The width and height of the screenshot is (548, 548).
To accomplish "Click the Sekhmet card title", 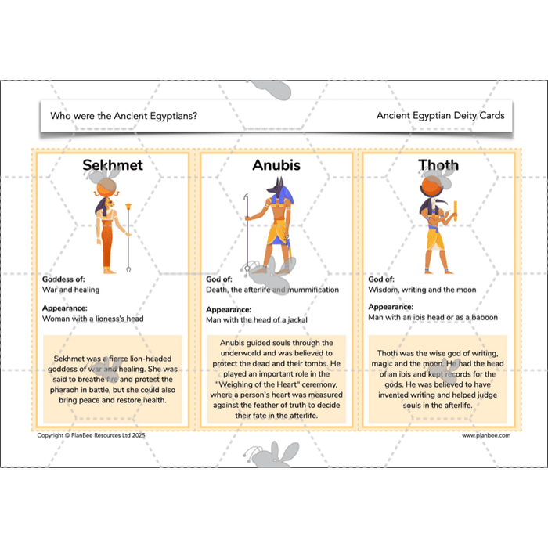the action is click(x=113, y=165).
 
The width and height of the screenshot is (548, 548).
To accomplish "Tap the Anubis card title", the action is click(x=276, y=165).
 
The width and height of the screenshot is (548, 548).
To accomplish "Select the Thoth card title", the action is click(x=438, y=165).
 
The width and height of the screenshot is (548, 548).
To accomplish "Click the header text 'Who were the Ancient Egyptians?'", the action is click(x=124, y=116).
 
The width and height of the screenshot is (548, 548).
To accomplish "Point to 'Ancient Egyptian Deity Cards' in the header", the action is click(x=440, y=115).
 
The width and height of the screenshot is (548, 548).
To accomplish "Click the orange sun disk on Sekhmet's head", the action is click(x=104, y=190).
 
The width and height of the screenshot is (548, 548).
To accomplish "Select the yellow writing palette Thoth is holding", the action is click(x=456, y=211).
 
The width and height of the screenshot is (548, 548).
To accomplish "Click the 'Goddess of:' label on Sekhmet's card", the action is click(x=63, y=279).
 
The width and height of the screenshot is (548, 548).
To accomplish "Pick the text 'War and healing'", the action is click(x=71, y=290).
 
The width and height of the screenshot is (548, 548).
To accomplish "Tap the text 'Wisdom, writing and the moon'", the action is click(x=422, y=290).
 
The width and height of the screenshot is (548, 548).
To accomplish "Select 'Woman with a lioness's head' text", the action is click(x=93, y=319).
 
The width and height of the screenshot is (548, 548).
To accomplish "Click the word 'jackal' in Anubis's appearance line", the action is click(x=297, y=320).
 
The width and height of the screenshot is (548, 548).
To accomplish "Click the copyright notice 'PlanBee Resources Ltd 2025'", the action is click(x=108, y=435).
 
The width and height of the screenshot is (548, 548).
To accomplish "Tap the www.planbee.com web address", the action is click(x=486, y=435).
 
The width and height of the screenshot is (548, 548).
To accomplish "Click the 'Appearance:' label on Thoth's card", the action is click(x=391, y=307).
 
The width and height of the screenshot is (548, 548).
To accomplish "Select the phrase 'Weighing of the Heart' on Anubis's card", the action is click(x=258, y=384).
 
